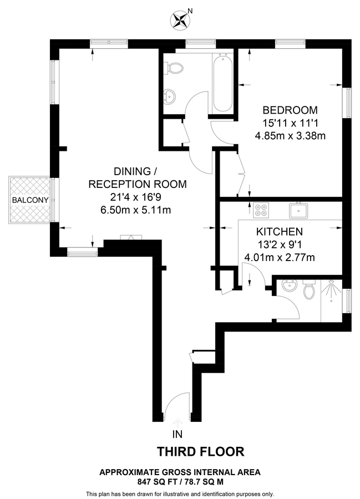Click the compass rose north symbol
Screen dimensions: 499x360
click(180, 21)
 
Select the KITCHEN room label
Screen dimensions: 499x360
click(279, 232)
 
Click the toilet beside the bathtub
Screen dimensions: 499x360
click(174, 69)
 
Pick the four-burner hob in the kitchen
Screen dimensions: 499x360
click(261, 210)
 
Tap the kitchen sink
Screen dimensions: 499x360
click(298, 210)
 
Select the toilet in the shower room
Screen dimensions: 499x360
click(310, 289)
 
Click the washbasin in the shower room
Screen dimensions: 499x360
click(289, 287)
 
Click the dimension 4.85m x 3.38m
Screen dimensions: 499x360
click(290, 135)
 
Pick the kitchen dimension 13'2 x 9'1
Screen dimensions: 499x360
click(279, 245)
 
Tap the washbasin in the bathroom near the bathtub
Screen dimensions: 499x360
click(170, 96)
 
